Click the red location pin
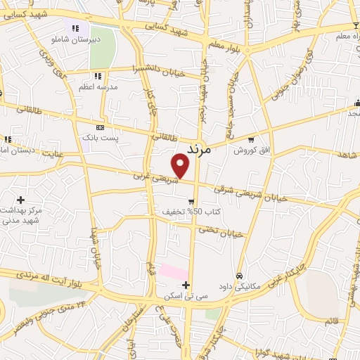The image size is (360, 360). coord(181,166)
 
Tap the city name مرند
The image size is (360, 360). coord(201,148)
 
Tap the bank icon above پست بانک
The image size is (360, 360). coord(100,127)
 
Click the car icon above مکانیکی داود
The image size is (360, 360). coord(240,276)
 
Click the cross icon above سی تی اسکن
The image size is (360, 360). coord(186,285)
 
